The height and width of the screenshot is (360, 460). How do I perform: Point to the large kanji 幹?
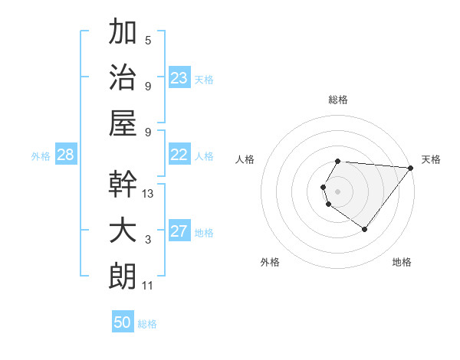tap(123, 185)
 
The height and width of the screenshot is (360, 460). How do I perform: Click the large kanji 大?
tap(123, 231)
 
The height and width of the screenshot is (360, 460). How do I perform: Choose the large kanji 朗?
tap(123, 276)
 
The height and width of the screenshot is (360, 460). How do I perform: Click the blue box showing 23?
tap(179, 77)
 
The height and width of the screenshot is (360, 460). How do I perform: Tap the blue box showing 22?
tap(179, 155)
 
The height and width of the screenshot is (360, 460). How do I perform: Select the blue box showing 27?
tap(179, 231)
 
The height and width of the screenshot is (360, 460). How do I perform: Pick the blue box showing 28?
tap(65, 155)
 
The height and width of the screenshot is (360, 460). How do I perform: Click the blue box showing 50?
tap(123, 322)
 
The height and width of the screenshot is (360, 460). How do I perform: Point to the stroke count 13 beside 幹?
tap(149, 194)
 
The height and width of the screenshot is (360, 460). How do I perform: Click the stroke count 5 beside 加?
tap(148, 41)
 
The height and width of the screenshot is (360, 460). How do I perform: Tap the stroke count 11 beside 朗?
tap(149, 286)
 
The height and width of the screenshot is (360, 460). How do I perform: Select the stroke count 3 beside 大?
tap(148, 240)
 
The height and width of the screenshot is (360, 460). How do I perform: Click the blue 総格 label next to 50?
tap(147, 324)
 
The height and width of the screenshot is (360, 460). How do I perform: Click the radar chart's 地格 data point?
tap(365, 229)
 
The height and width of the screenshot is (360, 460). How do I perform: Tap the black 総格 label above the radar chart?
tap(337, 100)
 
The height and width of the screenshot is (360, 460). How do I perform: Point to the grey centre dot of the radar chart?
tap(337, 190)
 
